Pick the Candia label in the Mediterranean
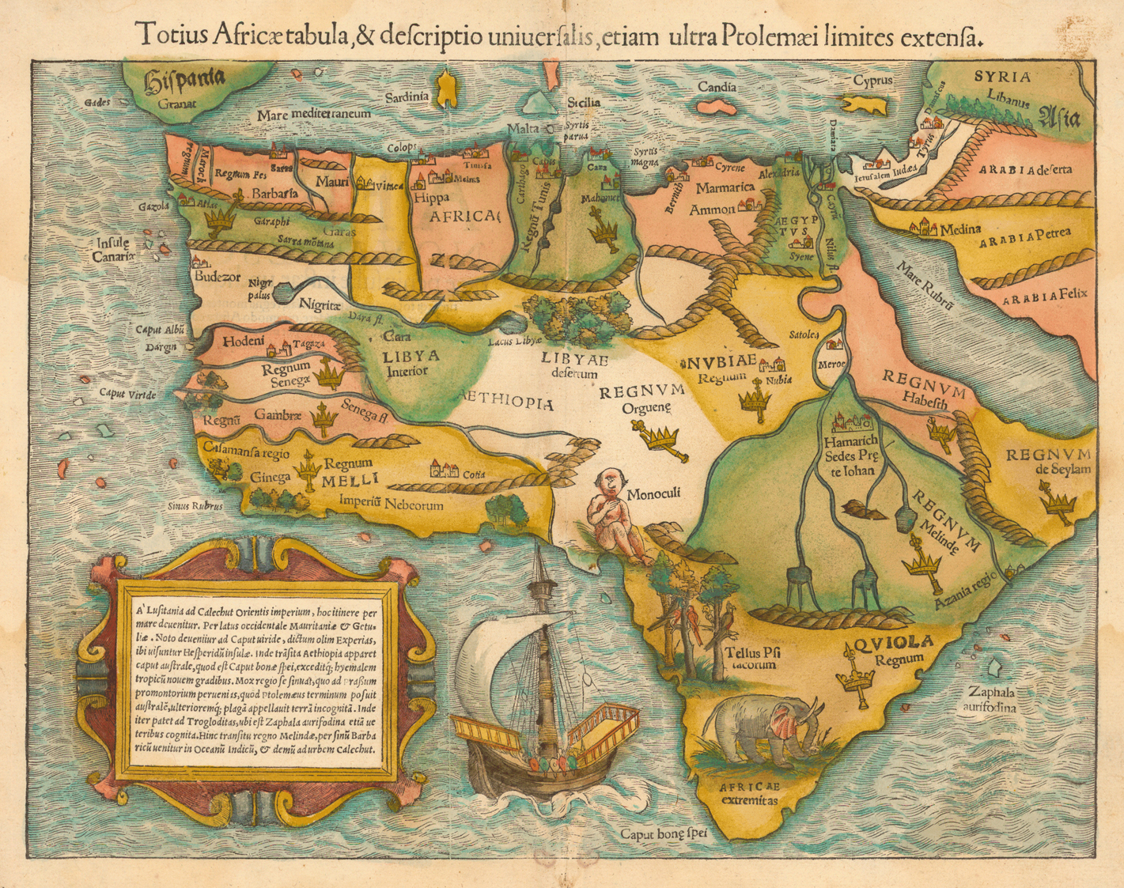(717, 87)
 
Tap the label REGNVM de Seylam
(1047, 461)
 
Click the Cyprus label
(872, 81)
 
